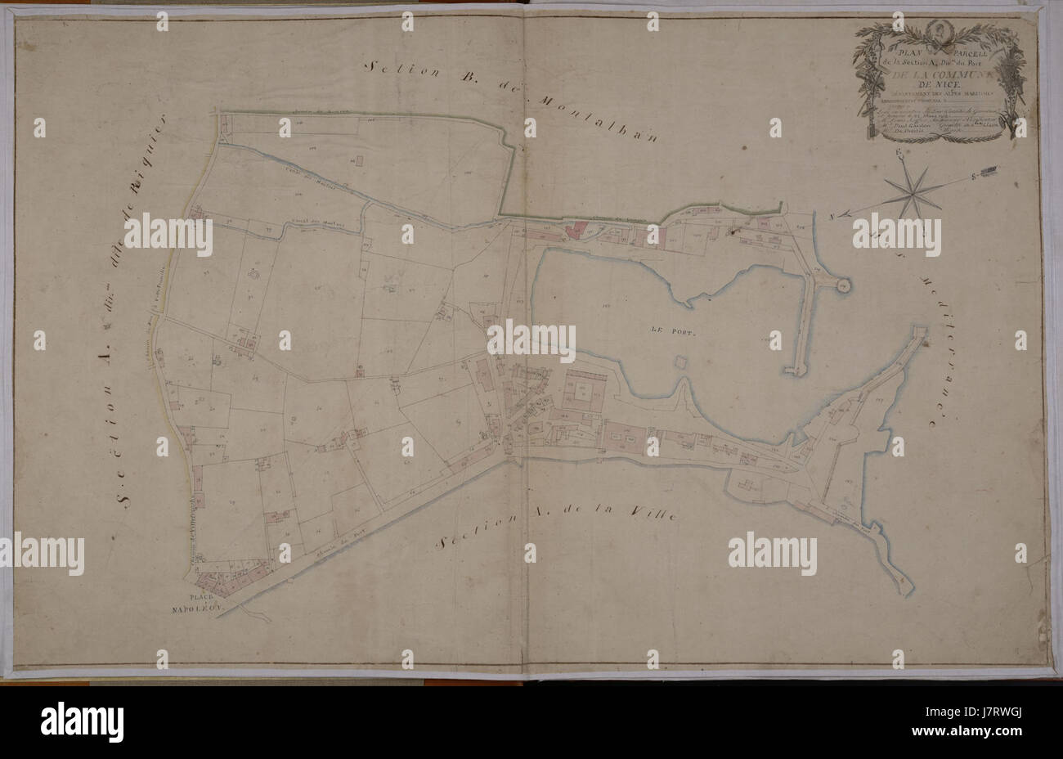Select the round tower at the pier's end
tap(843, 285)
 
